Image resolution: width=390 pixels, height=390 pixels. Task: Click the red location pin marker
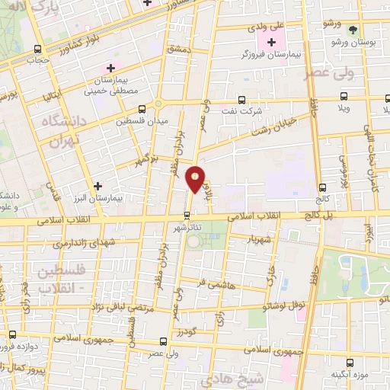[196, 180]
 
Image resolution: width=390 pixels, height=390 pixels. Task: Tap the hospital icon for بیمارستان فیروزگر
[271, 40]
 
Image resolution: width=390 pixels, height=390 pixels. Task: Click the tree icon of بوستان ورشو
[353, 30]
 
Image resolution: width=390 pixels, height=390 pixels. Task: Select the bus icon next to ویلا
[344, 97]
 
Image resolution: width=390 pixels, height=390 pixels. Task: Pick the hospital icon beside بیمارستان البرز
[97, 186]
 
